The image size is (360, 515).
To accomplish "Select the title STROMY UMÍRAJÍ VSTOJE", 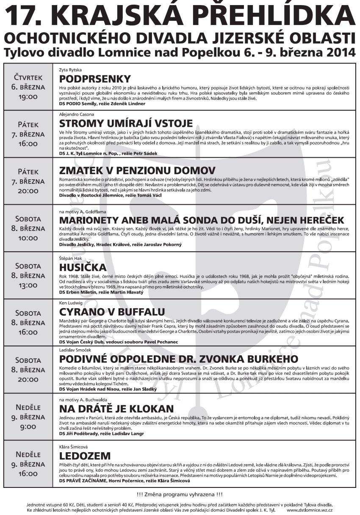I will pyautogui.click(x=126, y=124).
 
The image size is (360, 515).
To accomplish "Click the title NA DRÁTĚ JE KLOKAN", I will pyautogui.click(x=116, y=409).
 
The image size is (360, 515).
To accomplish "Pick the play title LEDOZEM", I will pyautogui.click(x=85, y=456).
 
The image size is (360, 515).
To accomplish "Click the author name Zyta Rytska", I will pyautogui.click(x=70, y=69).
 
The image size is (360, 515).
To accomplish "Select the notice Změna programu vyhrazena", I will pyautogui.click(x=180, y=494).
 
